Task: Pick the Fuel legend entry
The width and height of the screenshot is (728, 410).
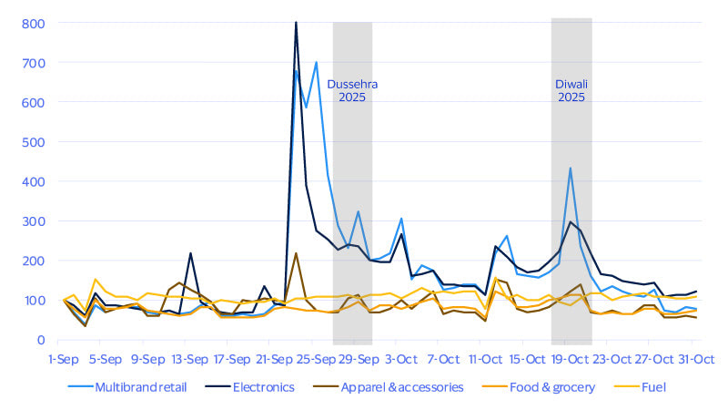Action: (652, 387)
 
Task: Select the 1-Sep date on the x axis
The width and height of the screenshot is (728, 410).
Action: (64, 357)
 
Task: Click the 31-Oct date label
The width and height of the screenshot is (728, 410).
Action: (697, 357)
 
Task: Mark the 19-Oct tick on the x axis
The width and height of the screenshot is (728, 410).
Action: (571, 357)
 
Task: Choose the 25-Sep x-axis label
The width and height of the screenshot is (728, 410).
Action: (317, 357)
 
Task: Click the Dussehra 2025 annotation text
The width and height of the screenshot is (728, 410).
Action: (352, 90)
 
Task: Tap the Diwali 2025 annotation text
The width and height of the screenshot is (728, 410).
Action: (571, 90)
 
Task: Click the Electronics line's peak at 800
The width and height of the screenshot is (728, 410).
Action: (296, 23)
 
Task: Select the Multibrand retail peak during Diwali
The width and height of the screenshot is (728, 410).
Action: (571, 169)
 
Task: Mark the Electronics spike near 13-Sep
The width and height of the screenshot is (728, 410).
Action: (190, 253)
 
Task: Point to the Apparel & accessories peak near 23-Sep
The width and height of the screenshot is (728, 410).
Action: (296, 253)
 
